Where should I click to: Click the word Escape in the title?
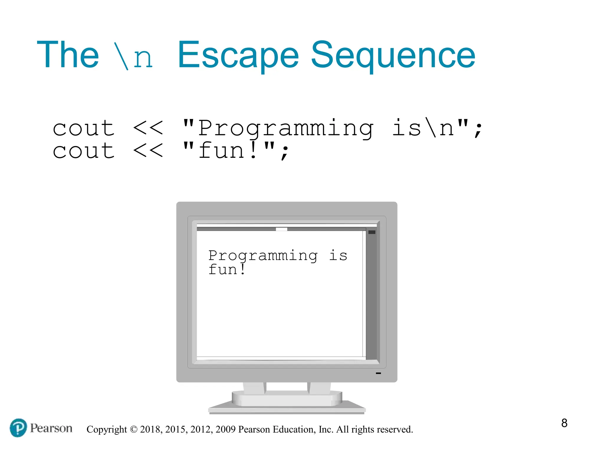[238, 55]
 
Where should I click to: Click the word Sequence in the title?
[393, 55]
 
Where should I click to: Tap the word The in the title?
[68, 55]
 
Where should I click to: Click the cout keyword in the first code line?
[83, 128]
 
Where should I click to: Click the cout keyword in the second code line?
[83, 151]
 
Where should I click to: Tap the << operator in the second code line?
[148, 151]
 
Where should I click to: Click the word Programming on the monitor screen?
[263, 255]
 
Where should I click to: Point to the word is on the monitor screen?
[338, 255]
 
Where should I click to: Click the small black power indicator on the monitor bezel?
[378, 373]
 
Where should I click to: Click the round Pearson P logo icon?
[18, 428]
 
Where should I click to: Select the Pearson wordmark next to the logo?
[51, 428]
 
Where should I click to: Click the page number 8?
[564, 423]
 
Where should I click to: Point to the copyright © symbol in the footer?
[134, 429]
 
